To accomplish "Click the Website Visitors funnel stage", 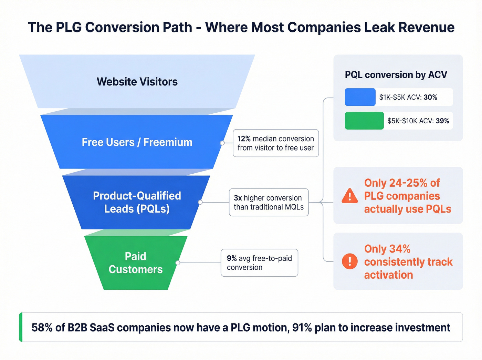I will pos(137,82).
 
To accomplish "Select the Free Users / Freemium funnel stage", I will pos(137,142).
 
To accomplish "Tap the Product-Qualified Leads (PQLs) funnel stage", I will pos(137,202).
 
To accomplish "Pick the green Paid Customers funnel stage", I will pos(136,263).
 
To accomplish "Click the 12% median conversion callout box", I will pos(275,143).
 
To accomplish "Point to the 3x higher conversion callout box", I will pos(269,202).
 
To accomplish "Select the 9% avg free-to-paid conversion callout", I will pos(259,263).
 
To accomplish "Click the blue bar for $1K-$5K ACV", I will pos(360,97).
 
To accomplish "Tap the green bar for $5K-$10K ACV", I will pos(364,121).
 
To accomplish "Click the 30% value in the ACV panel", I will pos(430,97).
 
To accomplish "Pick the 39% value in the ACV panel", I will pos(442,121).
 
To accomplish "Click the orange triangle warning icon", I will pos(350,196).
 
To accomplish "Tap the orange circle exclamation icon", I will pos(350,261).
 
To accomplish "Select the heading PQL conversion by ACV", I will pos(396,75).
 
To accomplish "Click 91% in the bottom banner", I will pos(302,327).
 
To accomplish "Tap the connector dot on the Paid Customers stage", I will pos(178,263).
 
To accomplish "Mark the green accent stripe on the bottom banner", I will pos(21,327).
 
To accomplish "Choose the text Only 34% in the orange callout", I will pos(387,249).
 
